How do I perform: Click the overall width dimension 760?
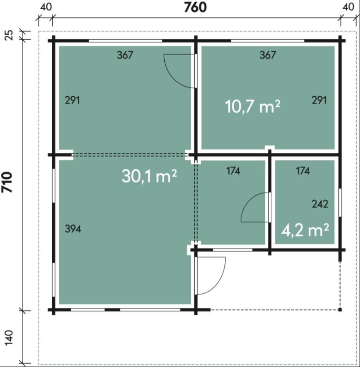(x=195, y=7)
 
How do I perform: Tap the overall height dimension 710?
(x=7, y=182)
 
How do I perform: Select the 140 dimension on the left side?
(x=9, y=338)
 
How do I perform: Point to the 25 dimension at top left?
(x=9, y=35)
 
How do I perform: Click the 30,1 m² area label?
(x=149, y=176)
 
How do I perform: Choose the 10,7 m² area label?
(x=253, y=106)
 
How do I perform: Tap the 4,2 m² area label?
(x=305, y=230)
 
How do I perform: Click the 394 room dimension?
(x=73, y=229)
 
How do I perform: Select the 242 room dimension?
(x=320, y=204)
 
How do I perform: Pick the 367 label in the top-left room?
(x=125, y=55)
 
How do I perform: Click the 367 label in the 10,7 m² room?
(x=267, y=55)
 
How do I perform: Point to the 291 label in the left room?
(x=72, y=100)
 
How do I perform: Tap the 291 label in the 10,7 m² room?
(x=319, y=100)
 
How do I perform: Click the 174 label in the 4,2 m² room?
(x=303, y=171)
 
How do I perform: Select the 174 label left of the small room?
(x=233, y=171)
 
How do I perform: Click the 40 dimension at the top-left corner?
(x=46, y=7)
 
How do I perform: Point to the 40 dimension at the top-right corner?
(x=348, y=7)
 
